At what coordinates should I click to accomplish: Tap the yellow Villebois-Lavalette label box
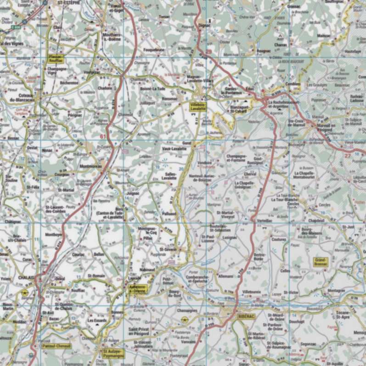[198, 107]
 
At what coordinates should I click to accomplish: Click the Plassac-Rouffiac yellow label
[56, 58]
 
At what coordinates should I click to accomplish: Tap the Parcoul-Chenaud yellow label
[56, 345]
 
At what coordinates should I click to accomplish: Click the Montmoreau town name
[90, 166]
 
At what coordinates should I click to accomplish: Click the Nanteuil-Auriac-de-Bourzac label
[202, 178]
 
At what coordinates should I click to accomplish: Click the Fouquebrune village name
[153, 49]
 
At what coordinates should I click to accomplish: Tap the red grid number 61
[102, 136]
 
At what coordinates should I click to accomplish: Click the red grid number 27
[347, 156]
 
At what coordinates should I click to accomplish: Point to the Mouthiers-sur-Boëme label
[113, 37]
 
